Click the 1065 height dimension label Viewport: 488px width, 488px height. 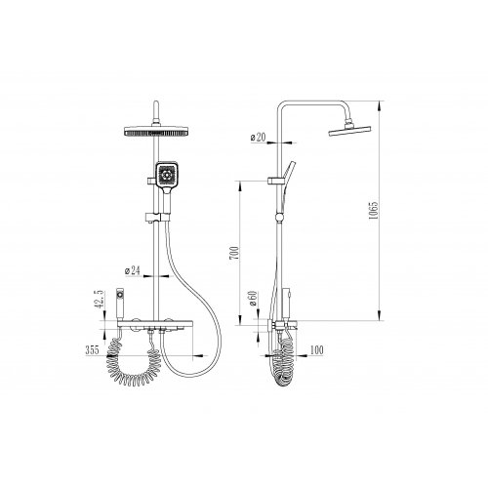point(374,210)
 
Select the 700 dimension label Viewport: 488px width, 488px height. point(234,253)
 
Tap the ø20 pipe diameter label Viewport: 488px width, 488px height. point(259,138)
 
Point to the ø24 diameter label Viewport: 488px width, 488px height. point(133,270)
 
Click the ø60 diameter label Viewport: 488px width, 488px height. point(253,299)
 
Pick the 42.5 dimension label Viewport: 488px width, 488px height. point(100,300)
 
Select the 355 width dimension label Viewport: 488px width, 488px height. point(93,350)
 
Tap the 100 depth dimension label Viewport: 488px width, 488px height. point(317,350)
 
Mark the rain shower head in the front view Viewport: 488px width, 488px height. point(156,131)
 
